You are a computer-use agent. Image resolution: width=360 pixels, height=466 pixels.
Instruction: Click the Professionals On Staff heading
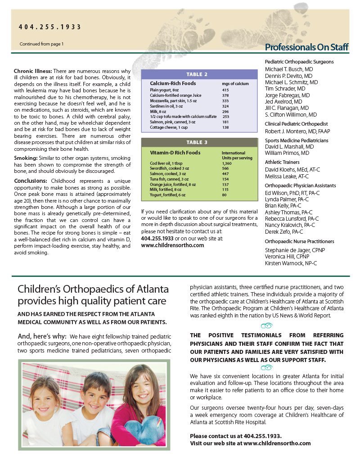tap(306, 47)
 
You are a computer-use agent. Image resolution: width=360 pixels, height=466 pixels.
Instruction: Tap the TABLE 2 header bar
tap(197, 74)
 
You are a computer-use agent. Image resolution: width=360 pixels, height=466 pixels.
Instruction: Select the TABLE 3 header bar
tap(197, 142)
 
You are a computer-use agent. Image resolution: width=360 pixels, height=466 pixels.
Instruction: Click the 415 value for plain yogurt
tap(225, 90)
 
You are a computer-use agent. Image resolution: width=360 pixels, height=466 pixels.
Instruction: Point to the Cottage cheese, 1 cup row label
tap(169, 128)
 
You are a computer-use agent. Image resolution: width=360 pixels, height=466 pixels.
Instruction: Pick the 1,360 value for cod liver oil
tap(228, 163)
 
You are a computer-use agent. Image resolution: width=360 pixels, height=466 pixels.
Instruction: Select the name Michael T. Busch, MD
tap(289, 70)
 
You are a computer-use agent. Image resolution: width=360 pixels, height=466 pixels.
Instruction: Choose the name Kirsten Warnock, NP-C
tap(291, 262)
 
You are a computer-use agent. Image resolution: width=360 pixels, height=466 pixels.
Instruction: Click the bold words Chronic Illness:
tap(33, 71)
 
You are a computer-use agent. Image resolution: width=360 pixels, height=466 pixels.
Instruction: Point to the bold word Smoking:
tap(26, 158)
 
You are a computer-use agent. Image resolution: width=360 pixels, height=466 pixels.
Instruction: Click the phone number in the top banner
tap(50, 27)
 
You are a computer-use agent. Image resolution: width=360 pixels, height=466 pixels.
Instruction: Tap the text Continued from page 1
tap(42, 44)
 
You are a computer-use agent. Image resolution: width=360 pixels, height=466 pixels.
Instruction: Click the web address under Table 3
tap(172, 245)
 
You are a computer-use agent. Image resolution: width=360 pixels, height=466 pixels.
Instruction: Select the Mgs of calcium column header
tap(235, 84)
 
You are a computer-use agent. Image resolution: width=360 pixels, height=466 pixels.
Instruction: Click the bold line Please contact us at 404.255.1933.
tap(235, 436)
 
